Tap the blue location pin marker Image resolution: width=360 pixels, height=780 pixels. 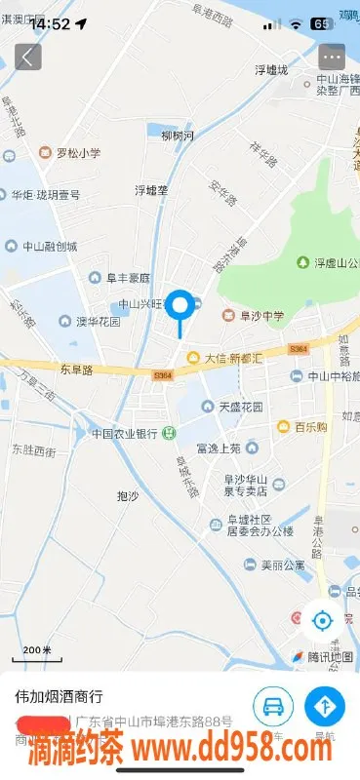(x=180, y=306)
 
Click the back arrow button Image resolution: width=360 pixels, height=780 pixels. (x=28, y=57)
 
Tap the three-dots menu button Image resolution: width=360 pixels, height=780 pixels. (x=332, y=57)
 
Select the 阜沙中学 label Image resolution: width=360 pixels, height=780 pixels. (x=257, y=315)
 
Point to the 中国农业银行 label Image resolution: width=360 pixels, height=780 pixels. (x=125, y=433)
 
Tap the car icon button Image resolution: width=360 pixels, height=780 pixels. (x=273, y=705)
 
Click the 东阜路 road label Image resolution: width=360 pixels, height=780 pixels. (x=75, y=370)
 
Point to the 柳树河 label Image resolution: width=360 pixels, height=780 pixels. (x=178, y=135)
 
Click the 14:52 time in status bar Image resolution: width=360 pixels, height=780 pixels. (x=49, y=23)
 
